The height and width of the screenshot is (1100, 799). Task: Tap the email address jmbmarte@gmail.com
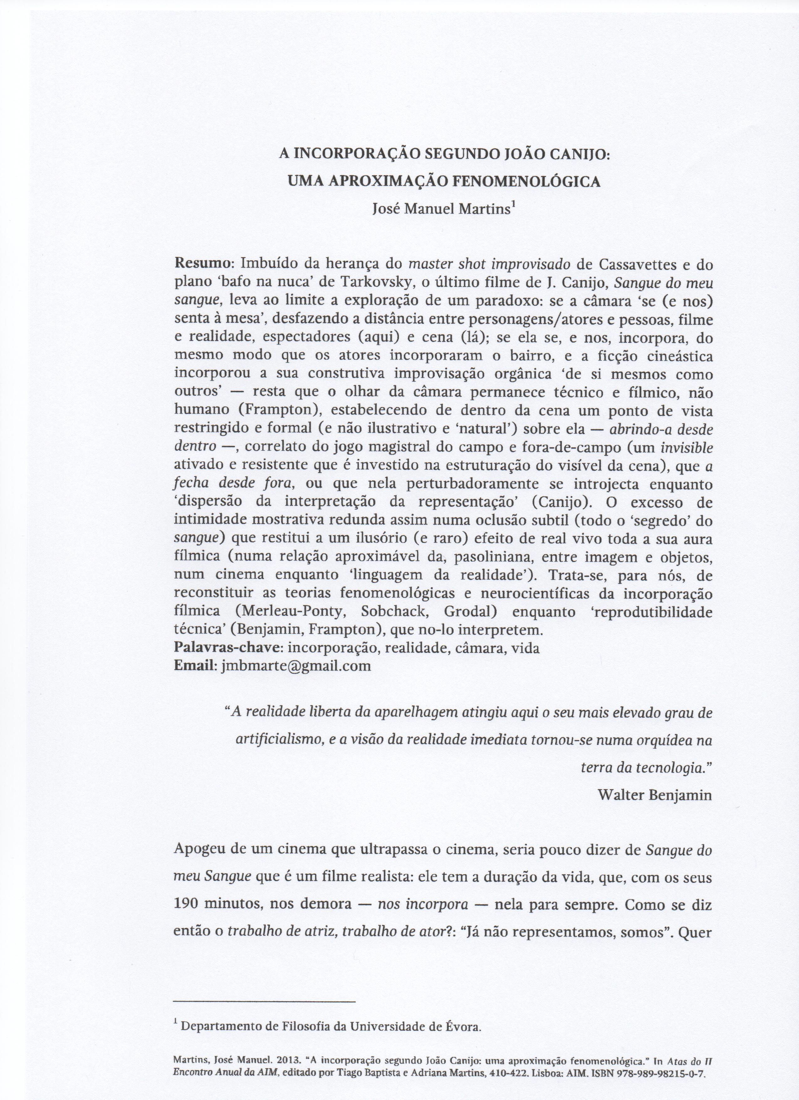(296, 665)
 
